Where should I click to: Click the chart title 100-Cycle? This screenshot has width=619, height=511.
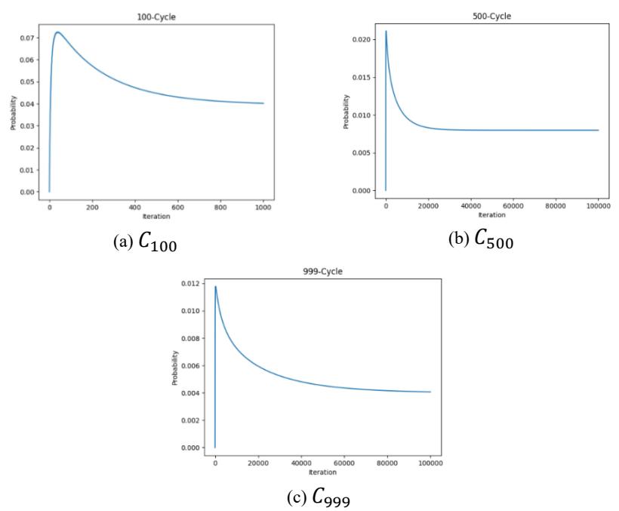(x=156, y=17)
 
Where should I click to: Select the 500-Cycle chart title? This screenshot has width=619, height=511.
(x=491, y=16)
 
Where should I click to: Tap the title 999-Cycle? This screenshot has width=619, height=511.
(x=322, y=272)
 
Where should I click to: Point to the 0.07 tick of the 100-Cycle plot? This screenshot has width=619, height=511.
(x=28, y=38)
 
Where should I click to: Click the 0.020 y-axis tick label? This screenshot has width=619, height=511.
(x=362, y=39)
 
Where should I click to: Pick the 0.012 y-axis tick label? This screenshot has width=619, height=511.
(x=190, y=284)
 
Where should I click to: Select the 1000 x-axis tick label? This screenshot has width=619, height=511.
(x=263, y=207)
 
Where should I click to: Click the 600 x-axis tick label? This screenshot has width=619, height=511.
(x=177, y=207)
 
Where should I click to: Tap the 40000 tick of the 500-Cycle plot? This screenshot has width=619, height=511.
(x=470, y=205)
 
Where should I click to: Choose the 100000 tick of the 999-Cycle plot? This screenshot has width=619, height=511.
(x=430, y=463)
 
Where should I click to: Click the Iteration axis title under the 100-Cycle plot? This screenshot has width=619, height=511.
(x=156, y=216)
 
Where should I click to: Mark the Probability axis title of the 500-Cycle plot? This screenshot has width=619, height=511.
(x=346, y=112)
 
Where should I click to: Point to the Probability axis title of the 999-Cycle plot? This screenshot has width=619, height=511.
(x=175, y=368)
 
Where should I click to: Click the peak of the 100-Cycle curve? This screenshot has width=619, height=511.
(x=57, y=32)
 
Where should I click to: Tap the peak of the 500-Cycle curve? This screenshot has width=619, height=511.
(x=386, y=31)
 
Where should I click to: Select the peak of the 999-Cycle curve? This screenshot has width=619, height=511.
(x=216, y=287)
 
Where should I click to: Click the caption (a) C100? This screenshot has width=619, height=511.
(x=145, y=241)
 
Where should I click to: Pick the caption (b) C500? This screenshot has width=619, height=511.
(x=481, y=239)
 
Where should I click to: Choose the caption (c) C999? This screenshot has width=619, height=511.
(x=319, y=497)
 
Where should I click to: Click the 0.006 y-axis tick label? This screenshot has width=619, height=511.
(x=190, y=366)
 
